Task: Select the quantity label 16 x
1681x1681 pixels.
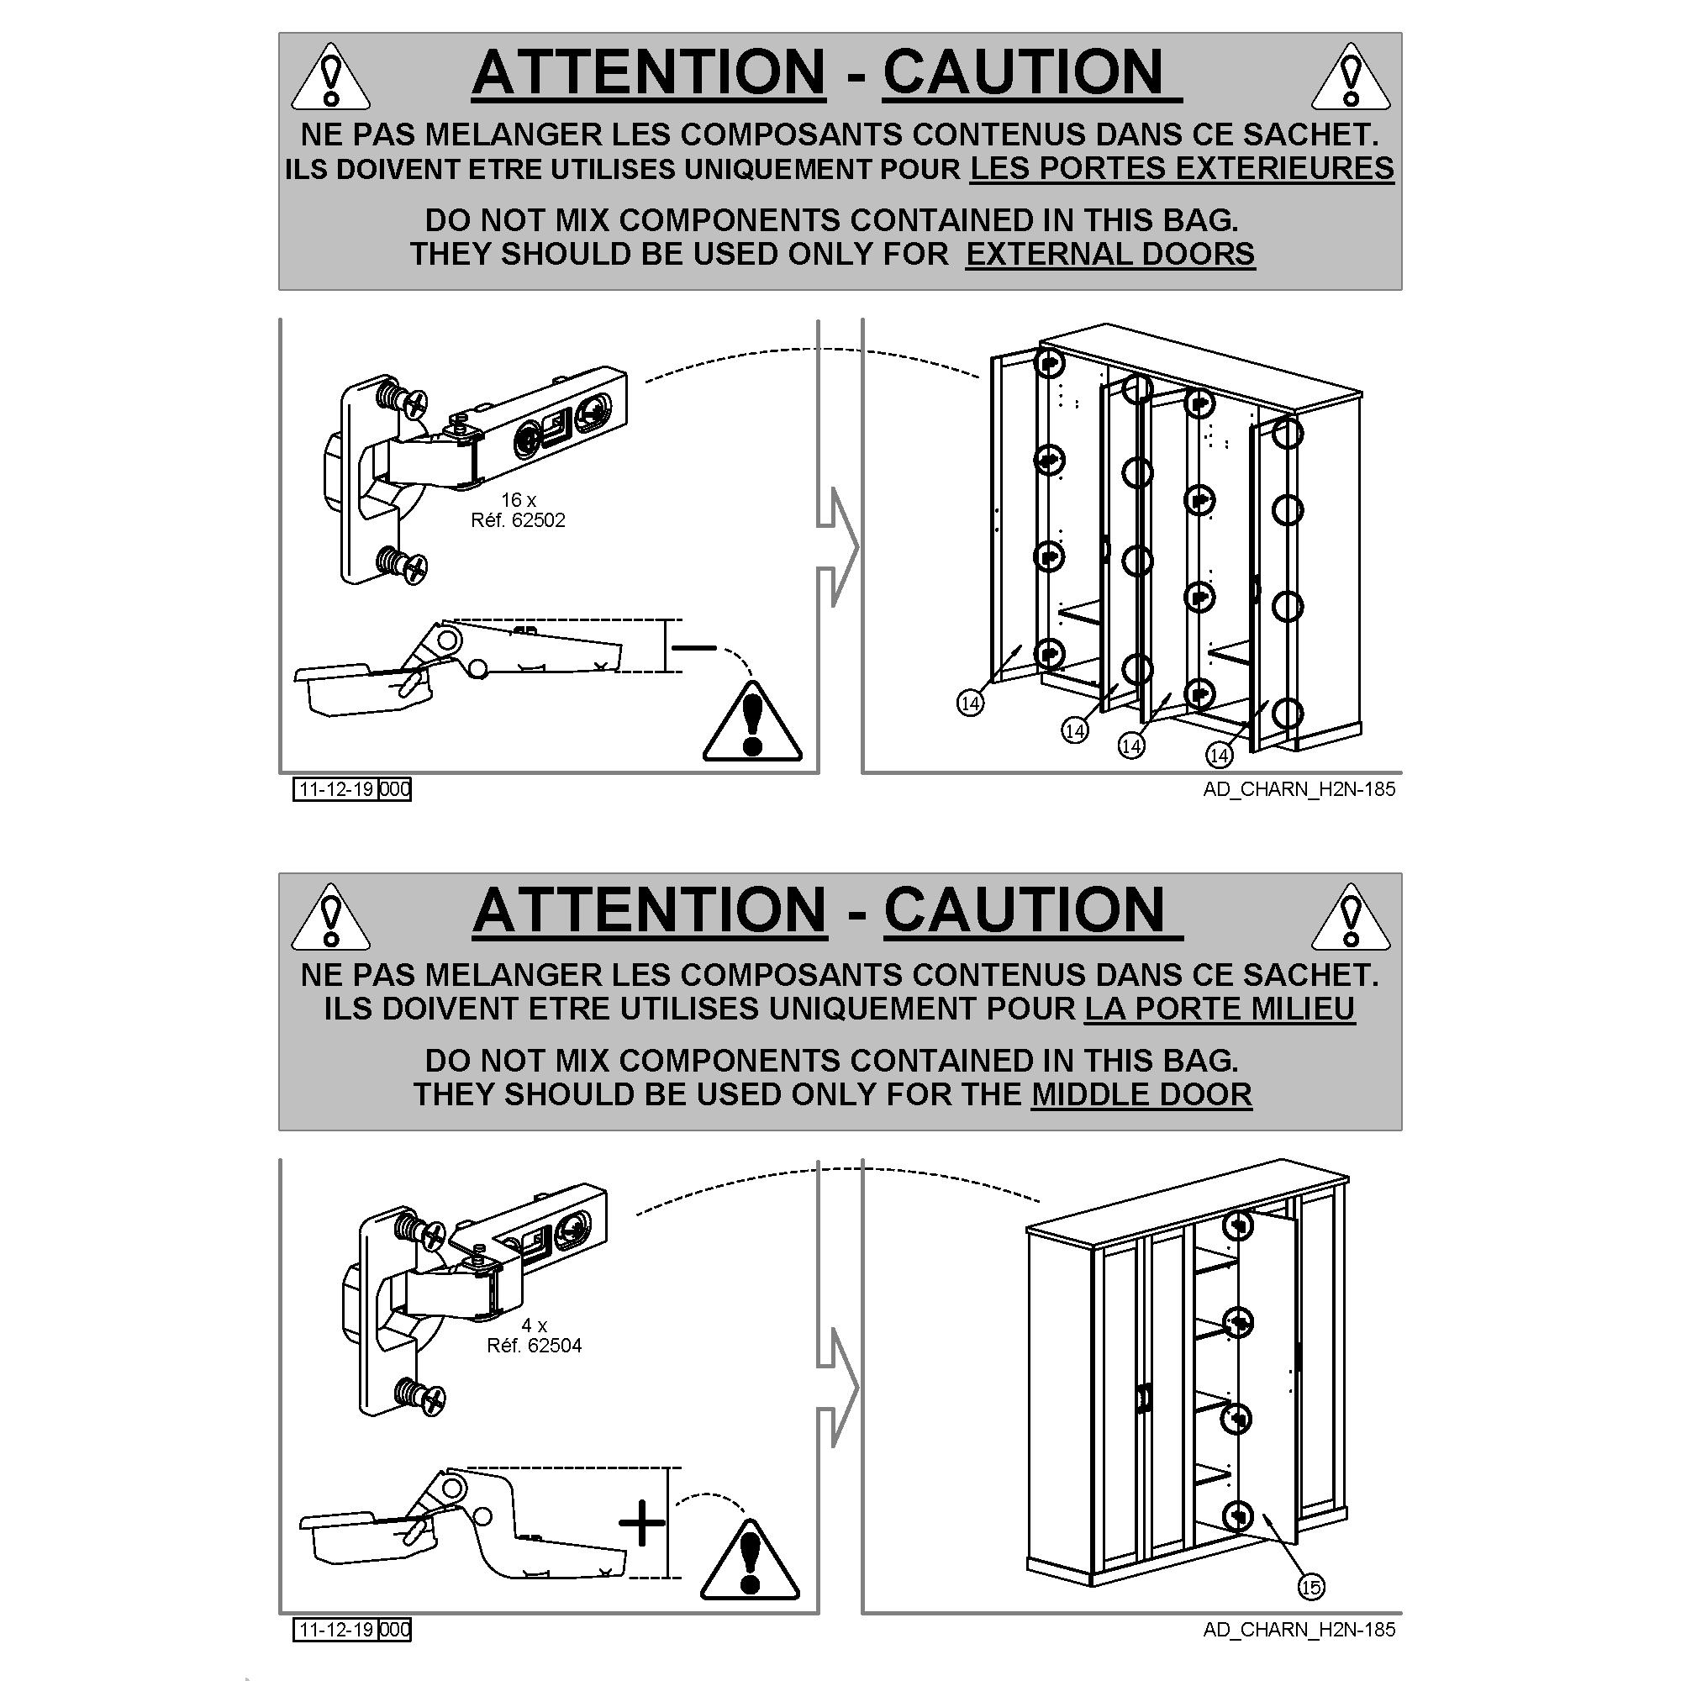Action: (519, 499)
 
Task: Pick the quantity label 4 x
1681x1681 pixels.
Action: (535, 1325)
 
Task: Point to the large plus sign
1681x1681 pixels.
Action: (642, 1523)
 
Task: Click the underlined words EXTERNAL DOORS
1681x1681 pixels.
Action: (1110, 254)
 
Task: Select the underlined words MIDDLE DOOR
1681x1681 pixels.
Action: (1141, 1093)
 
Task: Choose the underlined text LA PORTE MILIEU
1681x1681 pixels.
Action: (1220, 1009)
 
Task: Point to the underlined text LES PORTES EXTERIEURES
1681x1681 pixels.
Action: (1182, 168)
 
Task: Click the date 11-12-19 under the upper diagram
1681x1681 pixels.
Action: (336, 789)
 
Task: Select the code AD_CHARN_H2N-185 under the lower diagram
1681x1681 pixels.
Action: (1299, 1630)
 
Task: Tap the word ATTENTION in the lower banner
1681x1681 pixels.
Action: (649, 910)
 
